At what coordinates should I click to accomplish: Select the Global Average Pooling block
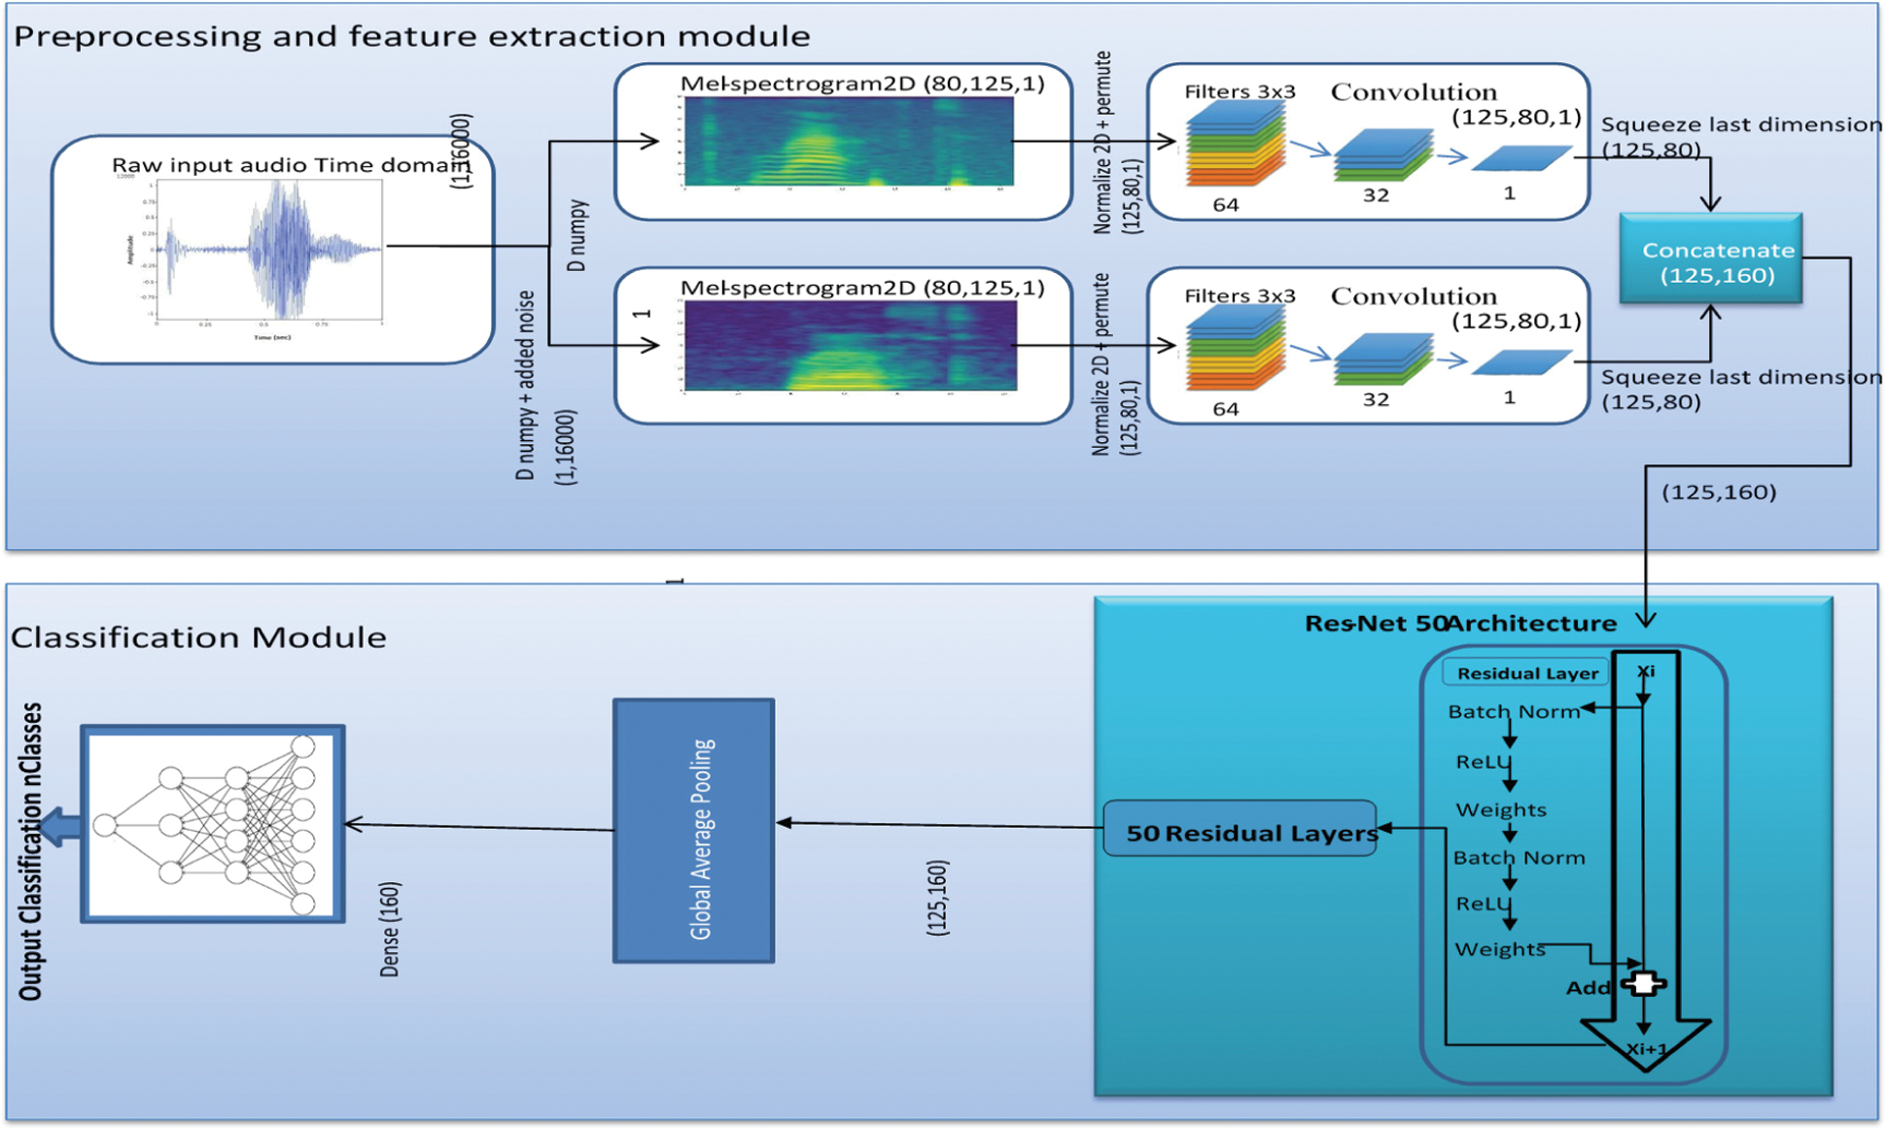coord(693,831)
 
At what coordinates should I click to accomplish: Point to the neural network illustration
coord(212,824)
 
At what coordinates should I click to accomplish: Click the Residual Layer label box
coord(1525,673)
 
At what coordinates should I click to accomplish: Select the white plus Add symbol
coord(1644,983)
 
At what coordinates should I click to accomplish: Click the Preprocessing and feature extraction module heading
coord(411,37)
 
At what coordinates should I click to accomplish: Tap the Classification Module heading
coord(198,637)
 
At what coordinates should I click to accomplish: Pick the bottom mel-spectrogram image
coord(850,346)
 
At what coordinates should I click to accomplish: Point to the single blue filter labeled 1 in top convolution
coord(1520,157)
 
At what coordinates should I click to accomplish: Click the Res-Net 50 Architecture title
coord(1460,624)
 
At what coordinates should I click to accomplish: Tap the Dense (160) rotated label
coord(390,929)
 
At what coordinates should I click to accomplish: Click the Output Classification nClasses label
coord(31,851)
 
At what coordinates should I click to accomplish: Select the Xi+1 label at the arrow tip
coord(1647,1049)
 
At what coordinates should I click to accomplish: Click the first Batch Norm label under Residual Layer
coord(1513,712)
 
